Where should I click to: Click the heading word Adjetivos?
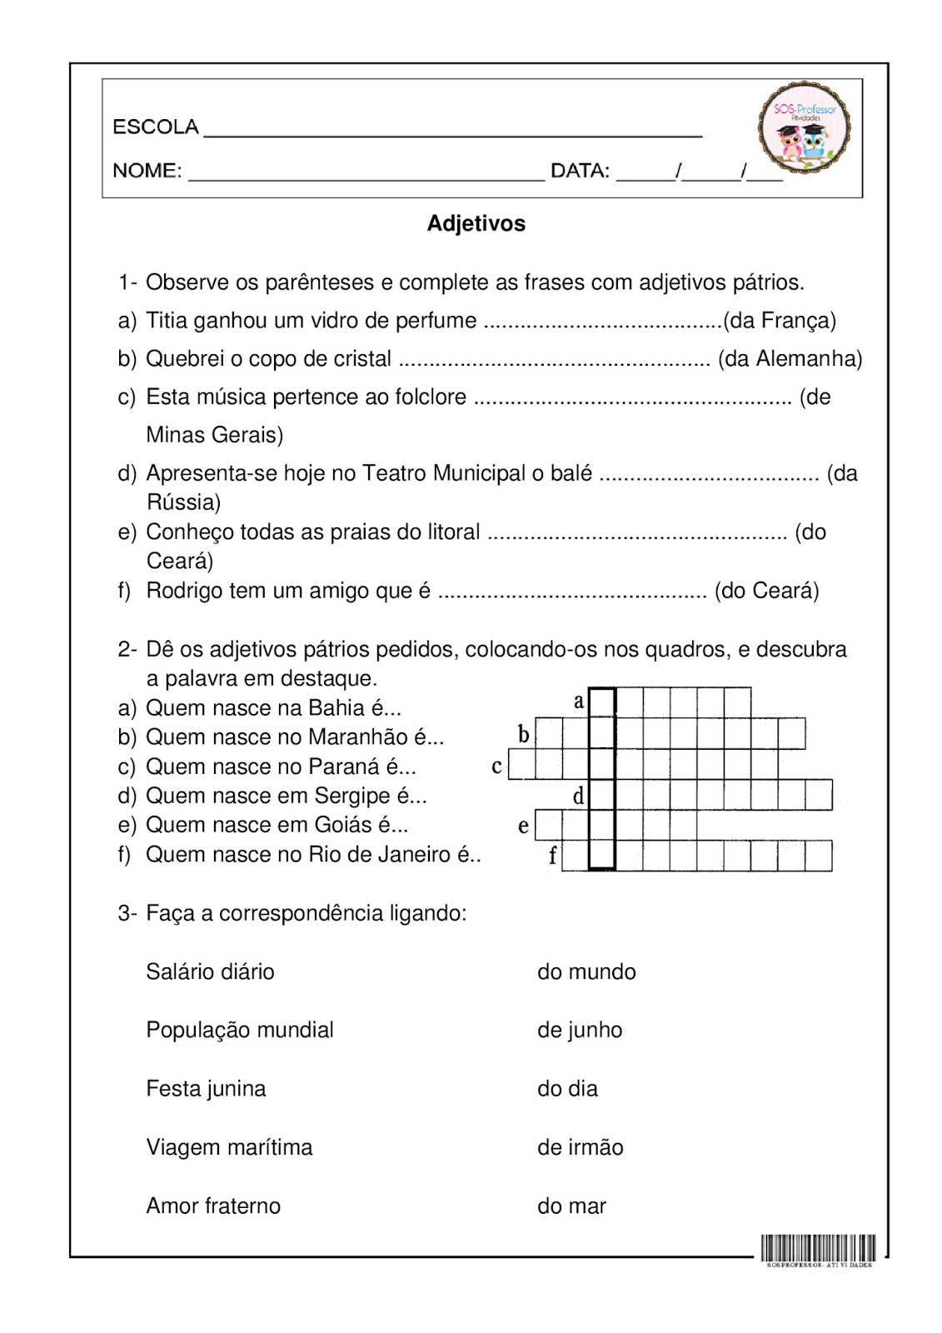476,223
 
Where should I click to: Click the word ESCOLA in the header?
156,127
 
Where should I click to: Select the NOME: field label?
147,171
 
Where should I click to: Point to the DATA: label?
580,171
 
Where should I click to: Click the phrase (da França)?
780,321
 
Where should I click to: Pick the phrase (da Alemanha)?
790,359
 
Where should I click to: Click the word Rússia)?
183,502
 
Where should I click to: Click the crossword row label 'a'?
579,701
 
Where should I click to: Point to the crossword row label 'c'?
496,766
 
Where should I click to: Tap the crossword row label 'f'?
552,856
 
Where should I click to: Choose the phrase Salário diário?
210,972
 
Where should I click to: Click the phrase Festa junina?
206,1089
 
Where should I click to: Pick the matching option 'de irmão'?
580,1147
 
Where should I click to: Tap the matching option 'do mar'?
571,1206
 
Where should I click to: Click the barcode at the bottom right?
818,1248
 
